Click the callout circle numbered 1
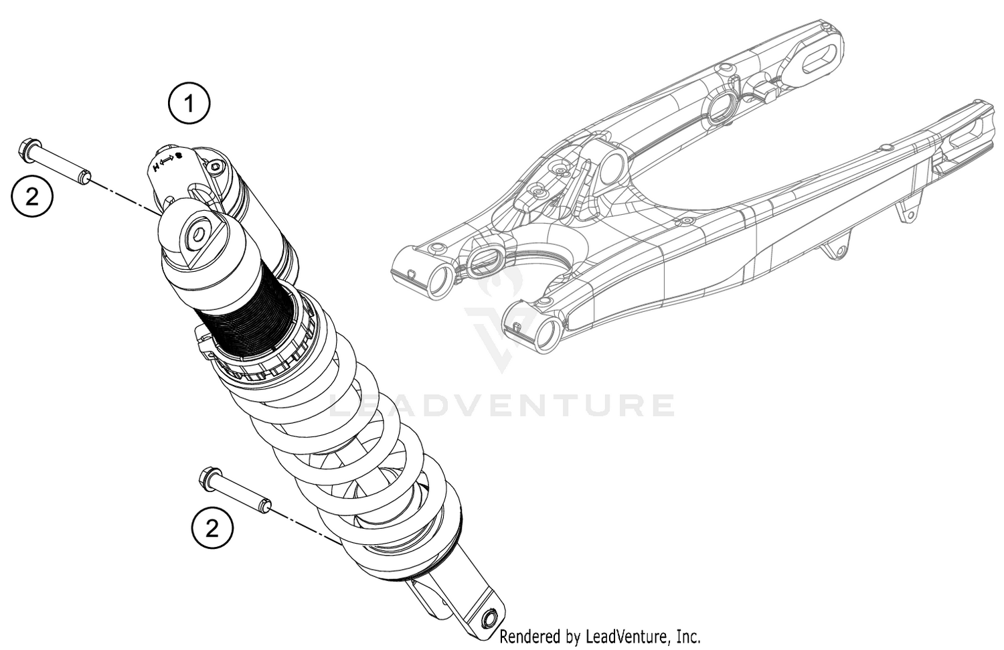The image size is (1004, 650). pyautogui.click(x=189, y=104)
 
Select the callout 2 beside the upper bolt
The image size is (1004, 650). pyautogui.click(x=32, y=196)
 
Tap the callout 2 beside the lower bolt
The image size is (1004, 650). pyautogui.click(x=212, y=529)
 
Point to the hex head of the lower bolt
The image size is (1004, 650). pyautogui.click(x=206, y=479)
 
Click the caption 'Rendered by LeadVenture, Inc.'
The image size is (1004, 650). pyautogui.click(x=600, y=636)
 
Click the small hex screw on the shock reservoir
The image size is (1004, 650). pyautogui.click(x=216, y=167)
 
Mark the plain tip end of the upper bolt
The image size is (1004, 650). pyautogui.click(x=85, y=177)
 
